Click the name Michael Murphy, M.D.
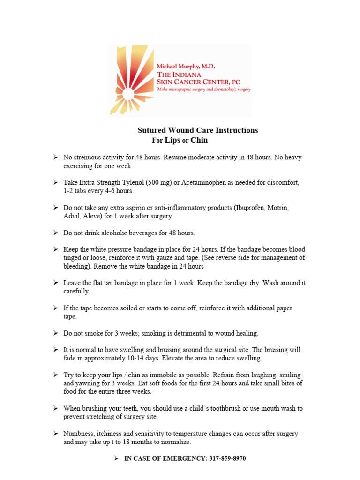pos(186,67)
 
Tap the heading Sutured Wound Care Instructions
pos(197,130)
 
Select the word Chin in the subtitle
pos(199,140)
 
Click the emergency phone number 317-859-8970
pos(226,458)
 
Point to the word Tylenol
pos(133,182)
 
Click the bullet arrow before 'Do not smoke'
pos(55,333)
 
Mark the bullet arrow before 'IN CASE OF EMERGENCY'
pos(118,458)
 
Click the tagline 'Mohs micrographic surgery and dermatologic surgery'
pos(203,89)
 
